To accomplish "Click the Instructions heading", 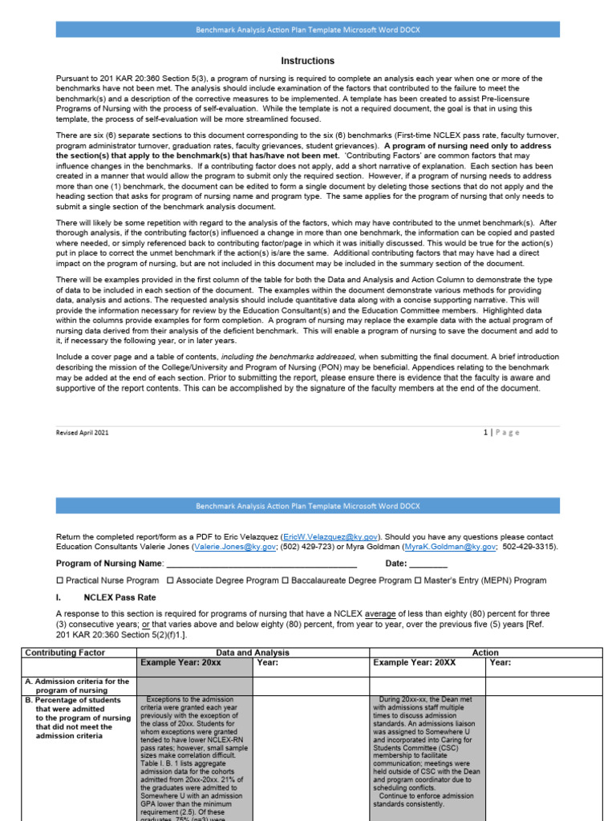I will pos(308,61).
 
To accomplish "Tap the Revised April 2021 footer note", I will pos(82,432).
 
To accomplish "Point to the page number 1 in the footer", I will pos(485,432).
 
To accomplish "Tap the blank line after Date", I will pos(429,564).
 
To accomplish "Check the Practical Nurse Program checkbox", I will pos(60,580).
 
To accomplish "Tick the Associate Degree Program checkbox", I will pos(171,580).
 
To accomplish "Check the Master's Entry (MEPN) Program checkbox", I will pos(419,580).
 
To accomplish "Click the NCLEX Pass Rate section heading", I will pos(120,597).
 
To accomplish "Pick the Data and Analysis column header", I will pos(253,653).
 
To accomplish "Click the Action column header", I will pos(485,653).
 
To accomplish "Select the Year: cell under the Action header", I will pos(500,663).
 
